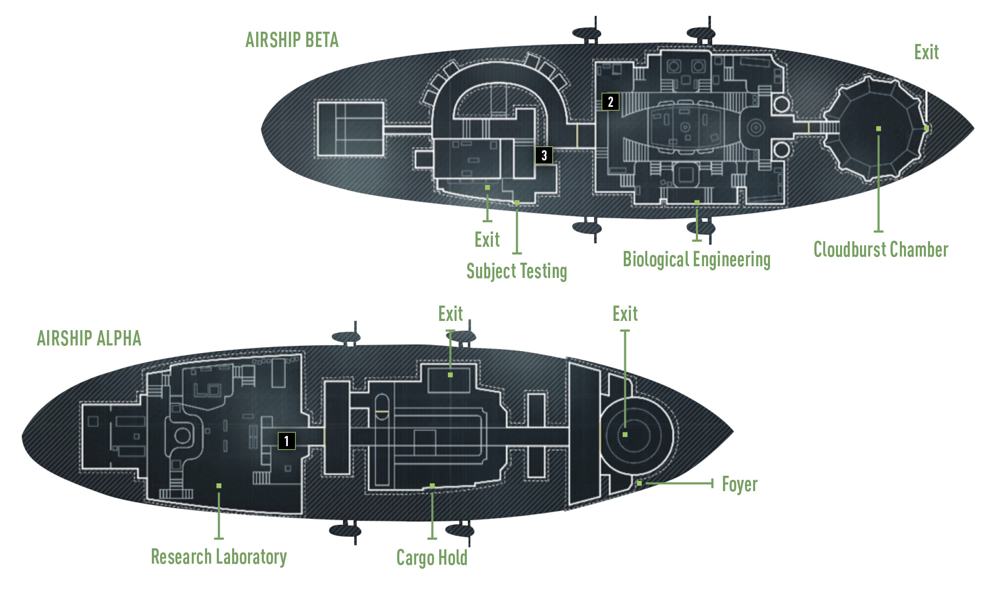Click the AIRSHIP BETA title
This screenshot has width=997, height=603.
tap(292, 40)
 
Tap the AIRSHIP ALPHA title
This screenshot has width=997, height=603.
tap(89, 338)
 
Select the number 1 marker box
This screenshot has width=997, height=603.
tap(286, 440)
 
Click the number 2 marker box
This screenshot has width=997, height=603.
tap(610, 102)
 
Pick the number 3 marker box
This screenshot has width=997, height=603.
tap(544, 155)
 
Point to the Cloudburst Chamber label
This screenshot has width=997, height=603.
tap(881, 250)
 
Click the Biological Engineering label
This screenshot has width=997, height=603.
tap(696, 260)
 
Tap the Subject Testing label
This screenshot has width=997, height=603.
tap(516, 271)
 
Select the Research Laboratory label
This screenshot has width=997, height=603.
tap(219, 557)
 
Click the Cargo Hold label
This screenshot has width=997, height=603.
tap(432, 558)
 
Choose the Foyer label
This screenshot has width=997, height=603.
tap(740, 484)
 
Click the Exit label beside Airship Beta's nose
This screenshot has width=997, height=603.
tap(926, 52)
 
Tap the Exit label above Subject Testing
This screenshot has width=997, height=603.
tap(487, 240)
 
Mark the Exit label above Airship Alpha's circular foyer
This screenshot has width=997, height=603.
tap(625, 314)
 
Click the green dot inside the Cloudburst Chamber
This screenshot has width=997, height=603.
tap(878, 129)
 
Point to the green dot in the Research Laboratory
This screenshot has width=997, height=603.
tap(219, 485)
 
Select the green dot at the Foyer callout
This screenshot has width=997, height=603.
tap(639, 483)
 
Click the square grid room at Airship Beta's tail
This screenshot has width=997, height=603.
tap(350, 129)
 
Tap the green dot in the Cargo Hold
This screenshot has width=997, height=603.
tap(432, 485)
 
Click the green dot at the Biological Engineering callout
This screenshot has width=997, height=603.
tap(696, 203)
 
